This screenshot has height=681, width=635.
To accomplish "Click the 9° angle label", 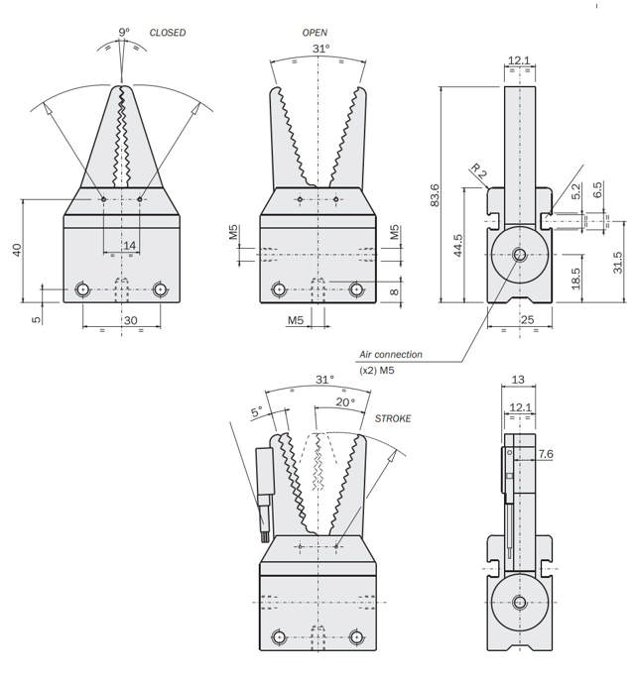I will click(124, 33).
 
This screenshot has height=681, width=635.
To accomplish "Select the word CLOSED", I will click(167, 33).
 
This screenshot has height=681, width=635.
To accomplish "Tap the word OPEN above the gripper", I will click(315, 33).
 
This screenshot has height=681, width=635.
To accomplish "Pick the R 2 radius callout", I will click(478, 172).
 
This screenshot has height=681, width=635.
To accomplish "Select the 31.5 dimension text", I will click(617, 262).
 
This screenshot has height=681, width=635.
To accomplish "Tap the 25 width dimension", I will click(526, 319).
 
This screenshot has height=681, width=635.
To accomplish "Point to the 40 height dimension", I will click(17, 250).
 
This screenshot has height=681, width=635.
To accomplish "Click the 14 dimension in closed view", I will click(129, 245).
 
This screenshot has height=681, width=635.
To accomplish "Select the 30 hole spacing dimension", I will click(129, 320).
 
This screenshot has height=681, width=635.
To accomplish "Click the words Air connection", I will click(390, 354).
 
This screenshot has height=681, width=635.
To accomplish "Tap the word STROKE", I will click(392, 419).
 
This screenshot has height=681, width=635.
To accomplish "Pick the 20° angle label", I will click(343, 402).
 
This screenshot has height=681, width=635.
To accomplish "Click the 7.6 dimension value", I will click(545, 454).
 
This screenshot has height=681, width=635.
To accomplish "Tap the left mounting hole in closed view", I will click(84, 289).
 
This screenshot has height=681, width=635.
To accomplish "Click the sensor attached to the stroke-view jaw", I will click(265, 491).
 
